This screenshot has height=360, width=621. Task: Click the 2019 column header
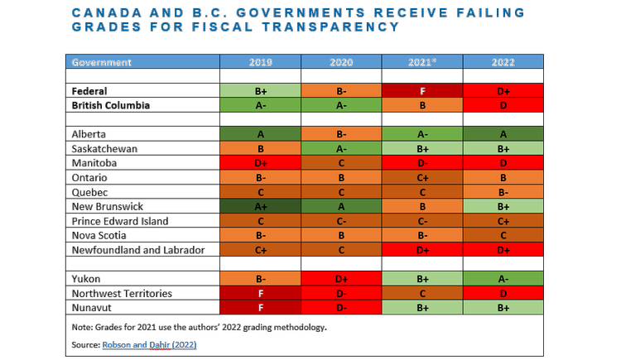(x=260, y=62)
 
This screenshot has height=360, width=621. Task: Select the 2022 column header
(x=503, y=62)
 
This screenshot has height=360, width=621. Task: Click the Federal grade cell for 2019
(x=260, y=91)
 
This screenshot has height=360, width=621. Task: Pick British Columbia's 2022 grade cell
(x=503, y=105)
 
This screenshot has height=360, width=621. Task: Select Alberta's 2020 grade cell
(x=341, y=134)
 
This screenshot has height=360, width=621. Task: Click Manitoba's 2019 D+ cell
(x=260, y=163)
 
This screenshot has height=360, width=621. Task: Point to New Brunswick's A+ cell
(x=260, y=206)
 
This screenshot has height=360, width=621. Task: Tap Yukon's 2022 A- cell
(x=503, y=279)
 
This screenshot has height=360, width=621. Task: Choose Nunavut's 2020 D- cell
(x=341, y=308)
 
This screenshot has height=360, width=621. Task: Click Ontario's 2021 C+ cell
(x=422, y=177)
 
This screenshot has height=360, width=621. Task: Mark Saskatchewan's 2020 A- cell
(x=341, y=148)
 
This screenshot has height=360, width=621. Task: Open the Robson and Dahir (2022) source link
(x=149, y=345)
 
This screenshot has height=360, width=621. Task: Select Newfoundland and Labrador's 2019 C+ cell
(x=260, y=250)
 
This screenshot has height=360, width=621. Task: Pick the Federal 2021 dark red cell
(x=422, y=91)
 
